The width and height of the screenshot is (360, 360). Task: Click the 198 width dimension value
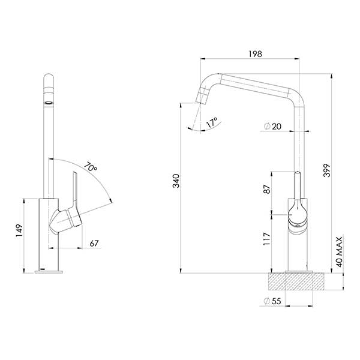coord(255,54)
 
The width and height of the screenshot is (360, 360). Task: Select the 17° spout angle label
coord(211,124)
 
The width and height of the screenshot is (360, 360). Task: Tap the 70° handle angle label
coord(91,167)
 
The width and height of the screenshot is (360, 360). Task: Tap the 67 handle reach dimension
coord(94,244)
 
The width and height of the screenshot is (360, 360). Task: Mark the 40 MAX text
coord(339,251)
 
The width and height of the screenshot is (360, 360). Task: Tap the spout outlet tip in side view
coord(199,100)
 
